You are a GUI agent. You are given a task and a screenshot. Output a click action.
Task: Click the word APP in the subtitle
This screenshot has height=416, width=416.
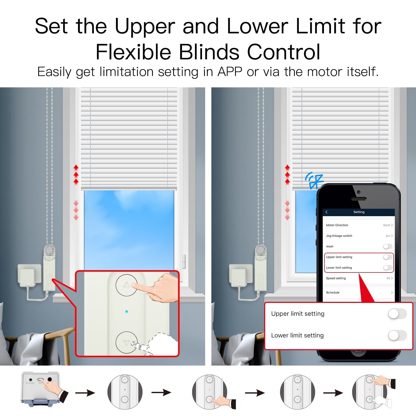coord(230,72)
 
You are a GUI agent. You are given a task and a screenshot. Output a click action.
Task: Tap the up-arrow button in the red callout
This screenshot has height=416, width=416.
coord(127,285)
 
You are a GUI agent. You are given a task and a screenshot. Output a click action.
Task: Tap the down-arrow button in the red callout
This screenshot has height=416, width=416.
coord(127,342)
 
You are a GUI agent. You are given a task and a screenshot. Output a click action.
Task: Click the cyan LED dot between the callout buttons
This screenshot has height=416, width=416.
coord(127,311)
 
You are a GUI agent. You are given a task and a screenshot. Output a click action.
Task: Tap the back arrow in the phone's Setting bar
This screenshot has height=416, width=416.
coord(327,212)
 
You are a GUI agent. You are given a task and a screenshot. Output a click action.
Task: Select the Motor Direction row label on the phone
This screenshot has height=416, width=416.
coord(337,225)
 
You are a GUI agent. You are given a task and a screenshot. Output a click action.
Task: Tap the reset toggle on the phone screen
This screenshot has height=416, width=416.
coord(387,246)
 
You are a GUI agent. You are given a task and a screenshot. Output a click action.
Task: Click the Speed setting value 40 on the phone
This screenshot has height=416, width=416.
coord(388,278)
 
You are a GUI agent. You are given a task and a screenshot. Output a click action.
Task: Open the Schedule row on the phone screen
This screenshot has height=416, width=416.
coord(359,292)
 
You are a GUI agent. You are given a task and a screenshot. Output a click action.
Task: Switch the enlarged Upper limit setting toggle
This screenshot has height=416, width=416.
coord(397,314)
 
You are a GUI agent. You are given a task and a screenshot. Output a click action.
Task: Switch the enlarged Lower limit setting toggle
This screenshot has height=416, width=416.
coord(397,335)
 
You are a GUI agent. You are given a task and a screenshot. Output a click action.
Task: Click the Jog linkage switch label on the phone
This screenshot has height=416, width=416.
coord(339,236)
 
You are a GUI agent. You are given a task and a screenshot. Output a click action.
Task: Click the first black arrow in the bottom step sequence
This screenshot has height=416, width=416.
coord(85,393)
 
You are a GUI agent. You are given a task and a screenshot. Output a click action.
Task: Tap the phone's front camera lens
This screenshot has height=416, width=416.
coord(359,192)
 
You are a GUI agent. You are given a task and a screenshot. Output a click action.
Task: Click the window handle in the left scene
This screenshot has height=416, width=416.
coord(184,261)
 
